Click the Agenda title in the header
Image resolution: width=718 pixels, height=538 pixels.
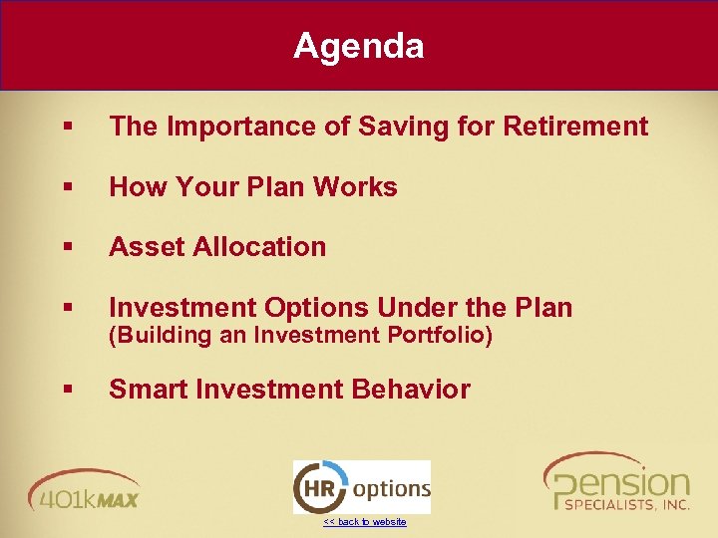point(358,46)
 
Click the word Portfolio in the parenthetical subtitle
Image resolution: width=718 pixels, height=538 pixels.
point(442,336)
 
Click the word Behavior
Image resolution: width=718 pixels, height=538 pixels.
point(409,390)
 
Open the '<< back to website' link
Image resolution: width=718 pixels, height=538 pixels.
point(364,522)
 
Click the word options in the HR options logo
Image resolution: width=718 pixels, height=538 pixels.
point(391,489)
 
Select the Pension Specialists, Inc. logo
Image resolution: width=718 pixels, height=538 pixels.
point(617,484)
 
